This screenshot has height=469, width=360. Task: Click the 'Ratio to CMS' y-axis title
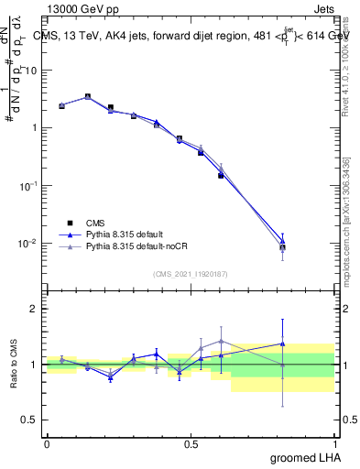[15, 365]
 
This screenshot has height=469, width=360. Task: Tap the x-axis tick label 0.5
[191, 443]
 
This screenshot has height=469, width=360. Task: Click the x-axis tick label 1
[334, 443]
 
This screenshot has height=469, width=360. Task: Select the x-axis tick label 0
[47, 443]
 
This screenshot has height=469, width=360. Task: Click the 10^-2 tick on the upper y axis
[29, 243]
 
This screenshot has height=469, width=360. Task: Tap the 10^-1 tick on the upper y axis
[29, 185]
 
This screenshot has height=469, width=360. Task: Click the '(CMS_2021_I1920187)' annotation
[191, 273]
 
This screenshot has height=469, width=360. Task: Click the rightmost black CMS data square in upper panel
[282, 247]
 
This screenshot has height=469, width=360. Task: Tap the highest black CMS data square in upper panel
[87, 96]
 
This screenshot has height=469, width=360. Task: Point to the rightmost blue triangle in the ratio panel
[282, 344]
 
